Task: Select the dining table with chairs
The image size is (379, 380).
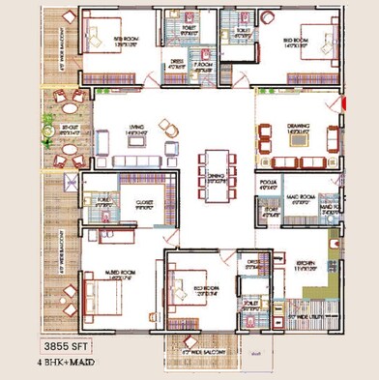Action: [214, 171]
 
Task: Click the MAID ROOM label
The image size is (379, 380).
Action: [304, 198]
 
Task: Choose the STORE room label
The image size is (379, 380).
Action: [272, 209]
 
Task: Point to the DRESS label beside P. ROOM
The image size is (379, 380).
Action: [175, 63]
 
